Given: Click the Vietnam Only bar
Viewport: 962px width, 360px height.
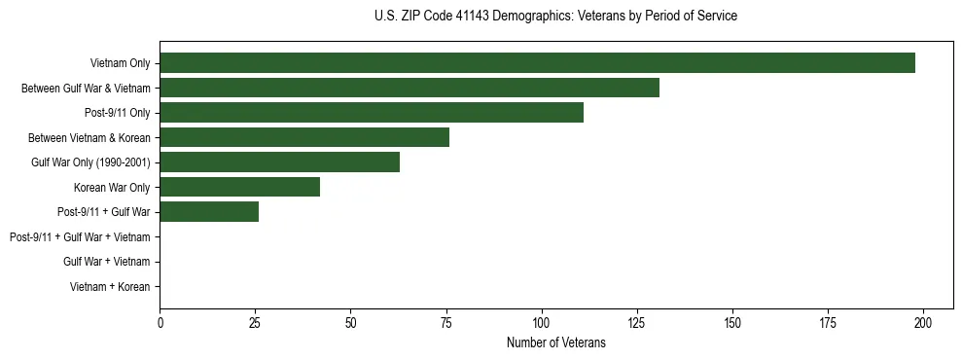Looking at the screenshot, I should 537,63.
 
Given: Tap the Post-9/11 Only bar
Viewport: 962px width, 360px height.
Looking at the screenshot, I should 372,113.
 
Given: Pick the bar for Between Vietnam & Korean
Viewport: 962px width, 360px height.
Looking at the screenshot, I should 304,138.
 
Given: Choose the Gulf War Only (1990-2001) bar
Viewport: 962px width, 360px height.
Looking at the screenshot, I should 280,162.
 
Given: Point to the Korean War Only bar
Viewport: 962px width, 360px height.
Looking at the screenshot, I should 239,188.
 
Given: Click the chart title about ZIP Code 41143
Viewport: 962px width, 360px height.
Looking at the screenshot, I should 555,17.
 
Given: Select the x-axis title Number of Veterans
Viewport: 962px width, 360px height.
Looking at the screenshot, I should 555,342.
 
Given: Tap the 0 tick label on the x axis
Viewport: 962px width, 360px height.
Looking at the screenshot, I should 160,322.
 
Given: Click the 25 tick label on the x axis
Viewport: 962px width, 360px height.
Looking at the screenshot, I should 256,322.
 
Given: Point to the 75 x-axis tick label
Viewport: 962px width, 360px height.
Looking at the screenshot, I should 446,322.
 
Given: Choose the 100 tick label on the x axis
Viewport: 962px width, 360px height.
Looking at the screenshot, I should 542,322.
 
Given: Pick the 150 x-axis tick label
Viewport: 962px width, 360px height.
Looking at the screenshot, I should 732,322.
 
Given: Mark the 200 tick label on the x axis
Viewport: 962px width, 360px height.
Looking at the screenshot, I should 923,322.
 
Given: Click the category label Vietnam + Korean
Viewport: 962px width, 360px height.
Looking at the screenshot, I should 110,287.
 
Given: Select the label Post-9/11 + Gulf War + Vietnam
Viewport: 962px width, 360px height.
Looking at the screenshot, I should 80,237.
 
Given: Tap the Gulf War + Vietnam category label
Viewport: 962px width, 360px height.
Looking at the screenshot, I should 107,262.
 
